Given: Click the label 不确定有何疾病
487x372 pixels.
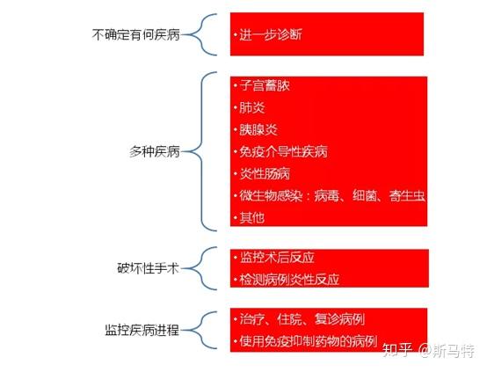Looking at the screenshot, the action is click(x=135, y=34).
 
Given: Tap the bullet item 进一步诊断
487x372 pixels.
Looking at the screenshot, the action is click(x=271, y=34).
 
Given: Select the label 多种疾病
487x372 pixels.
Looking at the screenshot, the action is click(x=155, y=151).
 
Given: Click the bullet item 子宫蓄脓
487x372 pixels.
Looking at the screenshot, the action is click(x=265, y=85).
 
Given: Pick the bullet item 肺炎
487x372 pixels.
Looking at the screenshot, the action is click(x=252, y=107).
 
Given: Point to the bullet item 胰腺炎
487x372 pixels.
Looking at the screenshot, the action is click(x=258, y=129).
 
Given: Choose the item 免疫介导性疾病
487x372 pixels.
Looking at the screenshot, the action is click(x=284, y=151).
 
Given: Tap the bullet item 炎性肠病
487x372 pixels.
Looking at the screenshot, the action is click(x=265, y=174).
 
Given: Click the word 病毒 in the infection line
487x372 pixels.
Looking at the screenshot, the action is click(x=326, y=196).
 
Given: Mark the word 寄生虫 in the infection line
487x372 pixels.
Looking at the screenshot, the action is click(x=407, y=196).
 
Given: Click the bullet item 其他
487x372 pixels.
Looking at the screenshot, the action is click(x=252, y=217).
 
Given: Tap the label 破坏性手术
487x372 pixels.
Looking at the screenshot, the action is click(x=149, y=268).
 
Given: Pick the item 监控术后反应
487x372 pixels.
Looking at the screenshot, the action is click(x=277, y=258).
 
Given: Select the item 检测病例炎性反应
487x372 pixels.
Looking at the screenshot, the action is click(x=289, y=280).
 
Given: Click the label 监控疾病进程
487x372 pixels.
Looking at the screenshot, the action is click(x=142, y=330).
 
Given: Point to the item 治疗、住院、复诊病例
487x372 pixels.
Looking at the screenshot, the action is click(x=302, y=319).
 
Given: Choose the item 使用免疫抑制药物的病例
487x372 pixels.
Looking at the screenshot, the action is click(x=309, y=341).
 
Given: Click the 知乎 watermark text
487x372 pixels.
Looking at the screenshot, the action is click(x=397, y=350).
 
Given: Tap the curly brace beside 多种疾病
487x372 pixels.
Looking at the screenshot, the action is click(x=202, y=151).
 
